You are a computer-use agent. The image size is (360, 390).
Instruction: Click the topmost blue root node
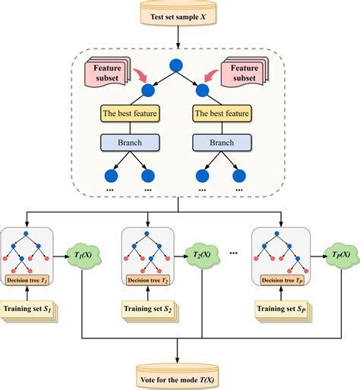(x=179, y=65)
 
